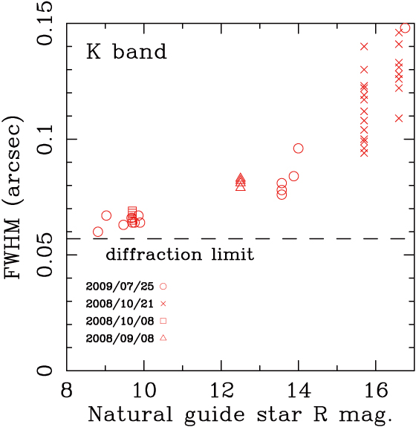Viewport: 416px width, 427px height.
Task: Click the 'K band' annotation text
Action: pyautogui.click(x=126, y=53)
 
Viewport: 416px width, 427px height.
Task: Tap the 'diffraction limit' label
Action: pyautogui.click(x=180, y=255)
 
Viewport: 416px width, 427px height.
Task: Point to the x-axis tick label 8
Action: pyautogui.click(x=66, y=390)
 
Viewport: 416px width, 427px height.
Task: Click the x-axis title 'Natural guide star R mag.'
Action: pyautogui.click(x=239, y=413)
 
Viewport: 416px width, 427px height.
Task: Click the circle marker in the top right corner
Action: pyautogui.click(x=405, y=28)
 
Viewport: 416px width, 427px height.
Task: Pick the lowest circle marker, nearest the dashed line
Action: pyautogui.click(x=98, y=232)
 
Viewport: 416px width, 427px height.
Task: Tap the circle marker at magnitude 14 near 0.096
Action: pyautogui.click(x=299, y=149)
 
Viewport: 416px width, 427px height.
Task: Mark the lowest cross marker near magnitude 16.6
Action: pyautogui.click(x=399, y=117)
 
